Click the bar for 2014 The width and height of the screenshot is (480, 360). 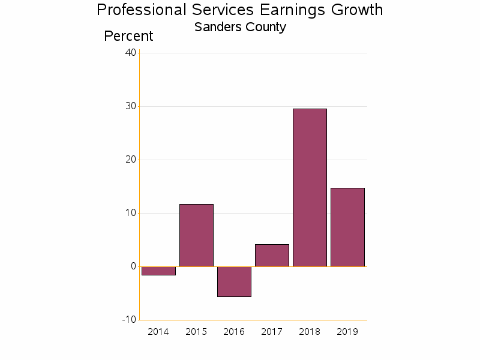[158, 271]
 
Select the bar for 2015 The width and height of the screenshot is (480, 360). [196, 235]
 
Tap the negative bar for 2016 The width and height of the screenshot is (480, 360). [234, 281]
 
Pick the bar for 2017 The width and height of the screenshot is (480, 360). [272, 255]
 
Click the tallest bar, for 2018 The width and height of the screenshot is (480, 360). [310, 187]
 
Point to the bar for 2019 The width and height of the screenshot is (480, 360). [347, 227]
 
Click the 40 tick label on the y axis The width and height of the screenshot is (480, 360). [130, 53]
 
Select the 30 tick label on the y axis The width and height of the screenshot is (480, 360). [130, 106]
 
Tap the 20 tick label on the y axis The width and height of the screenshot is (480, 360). [130, 160]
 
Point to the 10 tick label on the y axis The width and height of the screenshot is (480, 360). [130, 213]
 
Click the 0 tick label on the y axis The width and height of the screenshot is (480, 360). [133, 266]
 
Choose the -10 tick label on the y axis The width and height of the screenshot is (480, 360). [128, 319]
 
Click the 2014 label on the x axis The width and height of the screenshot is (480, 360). [158, 332]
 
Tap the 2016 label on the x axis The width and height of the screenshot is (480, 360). [234, 332]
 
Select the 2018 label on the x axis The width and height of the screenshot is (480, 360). [310, 332]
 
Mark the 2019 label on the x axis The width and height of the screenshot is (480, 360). [347, 332]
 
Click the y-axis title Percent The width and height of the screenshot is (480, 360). [128, 36]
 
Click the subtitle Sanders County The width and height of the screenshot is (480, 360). [240, 27]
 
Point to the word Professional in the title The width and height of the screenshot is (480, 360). [142, 10]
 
